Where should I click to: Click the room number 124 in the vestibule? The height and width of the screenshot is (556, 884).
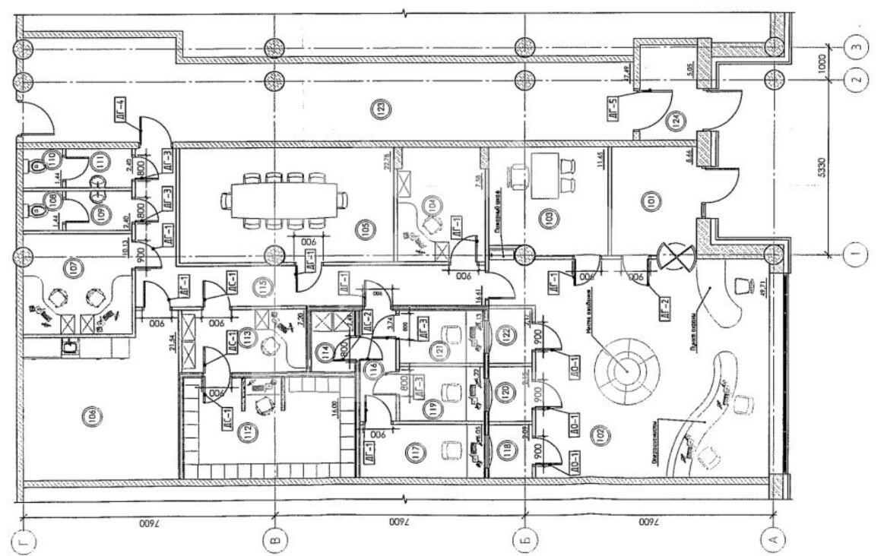pos(673,120)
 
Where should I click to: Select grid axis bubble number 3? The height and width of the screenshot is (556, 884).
pos(857,46)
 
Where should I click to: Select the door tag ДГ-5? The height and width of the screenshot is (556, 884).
pos(614,109)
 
